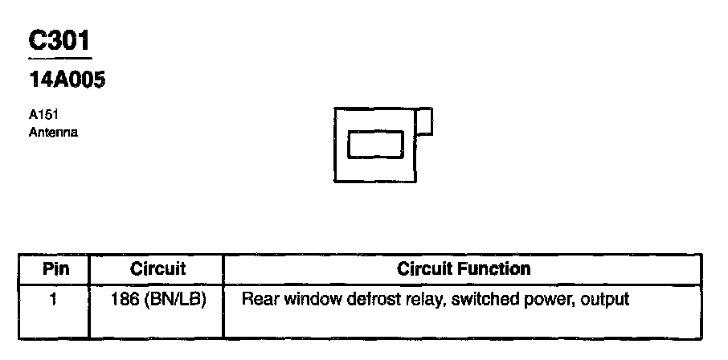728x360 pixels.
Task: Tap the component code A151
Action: tap(42, 115)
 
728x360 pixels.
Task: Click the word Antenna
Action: tap(52, 132)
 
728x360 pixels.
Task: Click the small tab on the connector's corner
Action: tap(426, 121)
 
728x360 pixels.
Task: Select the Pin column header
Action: tap(55, 269)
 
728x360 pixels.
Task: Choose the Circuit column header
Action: tap(157, 269)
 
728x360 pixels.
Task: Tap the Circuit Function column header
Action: tap(464, 269)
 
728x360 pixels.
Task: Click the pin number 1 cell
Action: tap(52, 301)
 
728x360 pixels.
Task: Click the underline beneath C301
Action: tap(59, 58)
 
